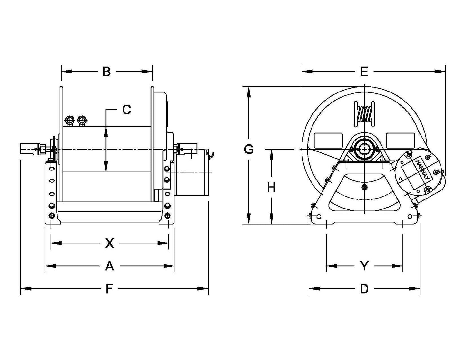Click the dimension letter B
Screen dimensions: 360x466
point(106,72)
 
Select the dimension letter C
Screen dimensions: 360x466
point(126,110)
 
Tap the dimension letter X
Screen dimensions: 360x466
point(110,243)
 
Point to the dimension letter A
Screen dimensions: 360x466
point(110,266)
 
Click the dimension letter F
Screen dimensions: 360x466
point(109,289)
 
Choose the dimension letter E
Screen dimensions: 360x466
point(364,72)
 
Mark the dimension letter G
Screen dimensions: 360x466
point(249,150)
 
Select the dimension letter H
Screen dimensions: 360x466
point(272,187)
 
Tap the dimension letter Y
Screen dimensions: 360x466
point(364,266)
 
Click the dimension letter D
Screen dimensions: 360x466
point(364,289)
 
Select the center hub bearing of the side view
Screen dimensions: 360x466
point(364,149)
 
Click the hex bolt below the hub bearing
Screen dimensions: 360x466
point(364,187)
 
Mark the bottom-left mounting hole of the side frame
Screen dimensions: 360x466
point(319,216)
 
